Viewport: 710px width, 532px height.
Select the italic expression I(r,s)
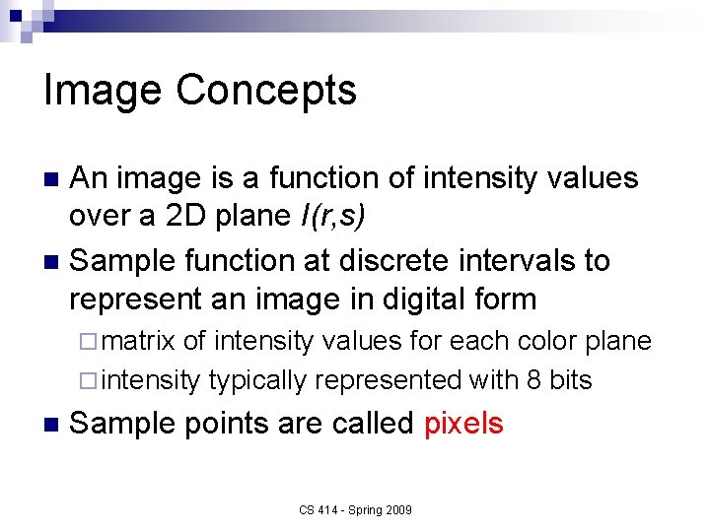click(x=336, y=217)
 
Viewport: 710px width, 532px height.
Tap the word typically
click(x=257, y=380)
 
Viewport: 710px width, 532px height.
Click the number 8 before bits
click(x=533, y=380)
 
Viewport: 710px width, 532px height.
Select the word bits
click(x=570, y=380)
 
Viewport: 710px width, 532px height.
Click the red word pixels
click(x=463, y=424)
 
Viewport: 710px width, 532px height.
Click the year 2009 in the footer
click(x=396, y=509)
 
